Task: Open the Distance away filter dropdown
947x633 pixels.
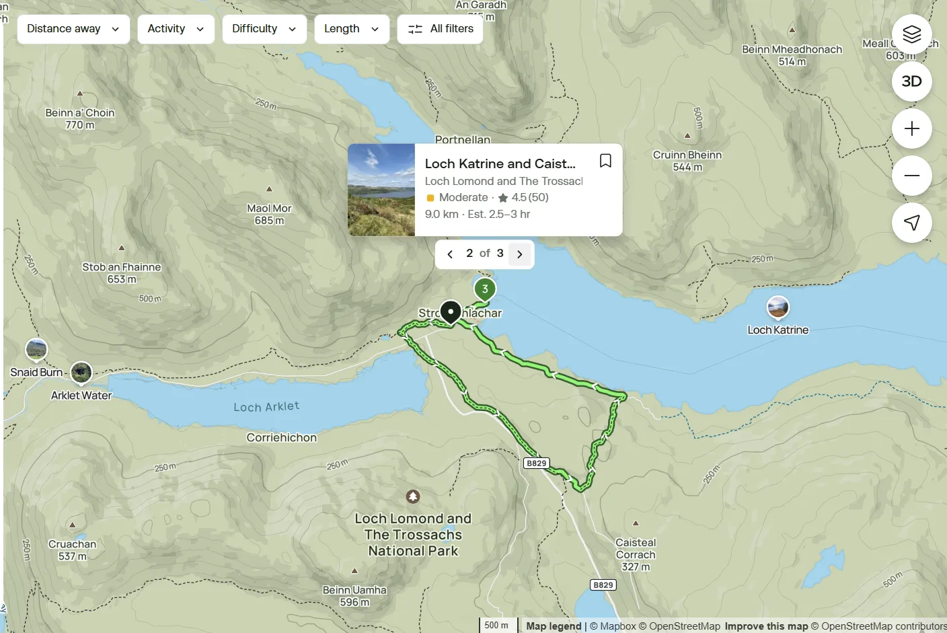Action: pyautogui.click(x=73, y=29)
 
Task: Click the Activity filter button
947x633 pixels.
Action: pyautogui.click(x=176, y=29)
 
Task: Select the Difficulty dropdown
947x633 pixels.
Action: pyautogui.click(x=264, y=29)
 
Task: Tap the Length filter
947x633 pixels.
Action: pyautogui.click(x=351, y=29)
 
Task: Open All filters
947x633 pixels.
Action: pyautogui.click(x=440, y=29)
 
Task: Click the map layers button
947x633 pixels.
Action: pyautogui.click(x=911, y=34)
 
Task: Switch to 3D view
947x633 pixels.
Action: pyautogui.click(x=911, y=81)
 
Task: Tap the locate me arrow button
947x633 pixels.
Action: pyautogui.click(x=911, y=223)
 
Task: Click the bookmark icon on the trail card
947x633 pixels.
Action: pyautogui.click(x=605, y=161)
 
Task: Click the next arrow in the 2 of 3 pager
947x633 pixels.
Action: pyautogui.click(x=519, y=254)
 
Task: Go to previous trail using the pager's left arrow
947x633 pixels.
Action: pyautogui.click(x=450, y=254)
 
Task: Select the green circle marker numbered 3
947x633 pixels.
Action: pyautogui.click(x=485, y=289)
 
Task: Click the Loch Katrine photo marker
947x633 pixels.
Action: pyautogui.click(x=778, y=307)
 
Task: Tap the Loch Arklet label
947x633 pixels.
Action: pyautogui.click(x=266, y=407)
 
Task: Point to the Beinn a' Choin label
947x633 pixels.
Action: pyautogui.click(x=80, y=113)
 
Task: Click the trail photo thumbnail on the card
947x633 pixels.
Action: pyautogui.click(x=381, y=190)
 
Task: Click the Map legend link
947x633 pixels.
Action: pyautogui.click(x=554, y=626)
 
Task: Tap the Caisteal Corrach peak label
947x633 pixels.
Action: pyautogui.click(x=636, y=548)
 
